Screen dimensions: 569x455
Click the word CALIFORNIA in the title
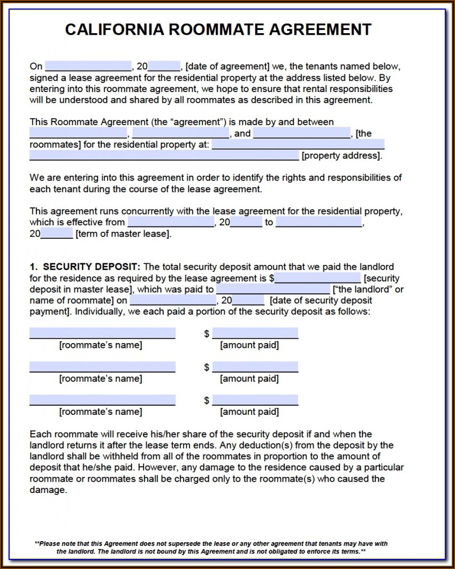(x=113, y=29)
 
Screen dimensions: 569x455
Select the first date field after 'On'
(x=88, y=66)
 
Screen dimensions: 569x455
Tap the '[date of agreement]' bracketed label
(x=227, y=66)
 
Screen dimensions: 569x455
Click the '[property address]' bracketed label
(x=342, y=156)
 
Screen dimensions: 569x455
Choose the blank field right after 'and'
(x=302, y=133)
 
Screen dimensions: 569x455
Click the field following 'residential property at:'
(x=298, y=145)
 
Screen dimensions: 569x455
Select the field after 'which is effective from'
(x=171, y=222)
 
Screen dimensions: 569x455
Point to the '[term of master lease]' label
(x=124, y=234)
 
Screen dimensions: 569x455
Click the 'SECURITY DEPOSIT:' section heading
(x=92, y=267)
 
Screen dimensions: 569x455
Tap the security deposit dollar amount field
(x=317, y=278)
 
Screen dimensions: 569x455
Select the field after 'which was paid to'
(x=273, y=290)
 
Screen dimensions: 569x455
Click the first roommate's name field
(x=102, y=333)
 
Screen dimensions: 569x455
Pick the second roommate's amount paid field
(x=255, y=367)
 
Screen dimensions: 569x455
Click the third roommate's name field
(x=102, y=400)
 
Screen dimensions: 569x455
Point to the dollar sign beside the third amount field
(x=207, y=400)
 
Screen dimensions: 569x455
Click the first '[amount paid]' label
(x=249, y=345)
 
